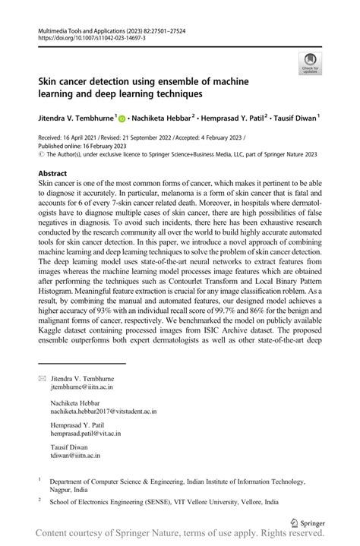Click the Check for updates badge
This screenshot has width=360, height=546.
[311, 64]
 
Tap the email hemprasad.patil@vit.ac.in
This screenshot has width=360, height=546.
[85, 434]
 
